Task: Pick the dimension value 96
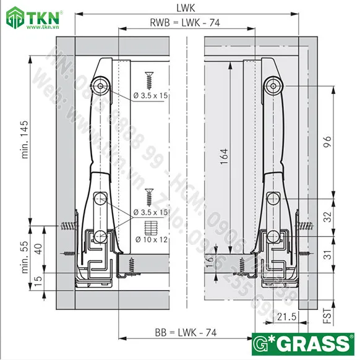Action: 328,142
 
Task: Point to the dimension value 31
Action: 328,254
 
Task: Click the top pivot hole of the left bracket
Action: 100,85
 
